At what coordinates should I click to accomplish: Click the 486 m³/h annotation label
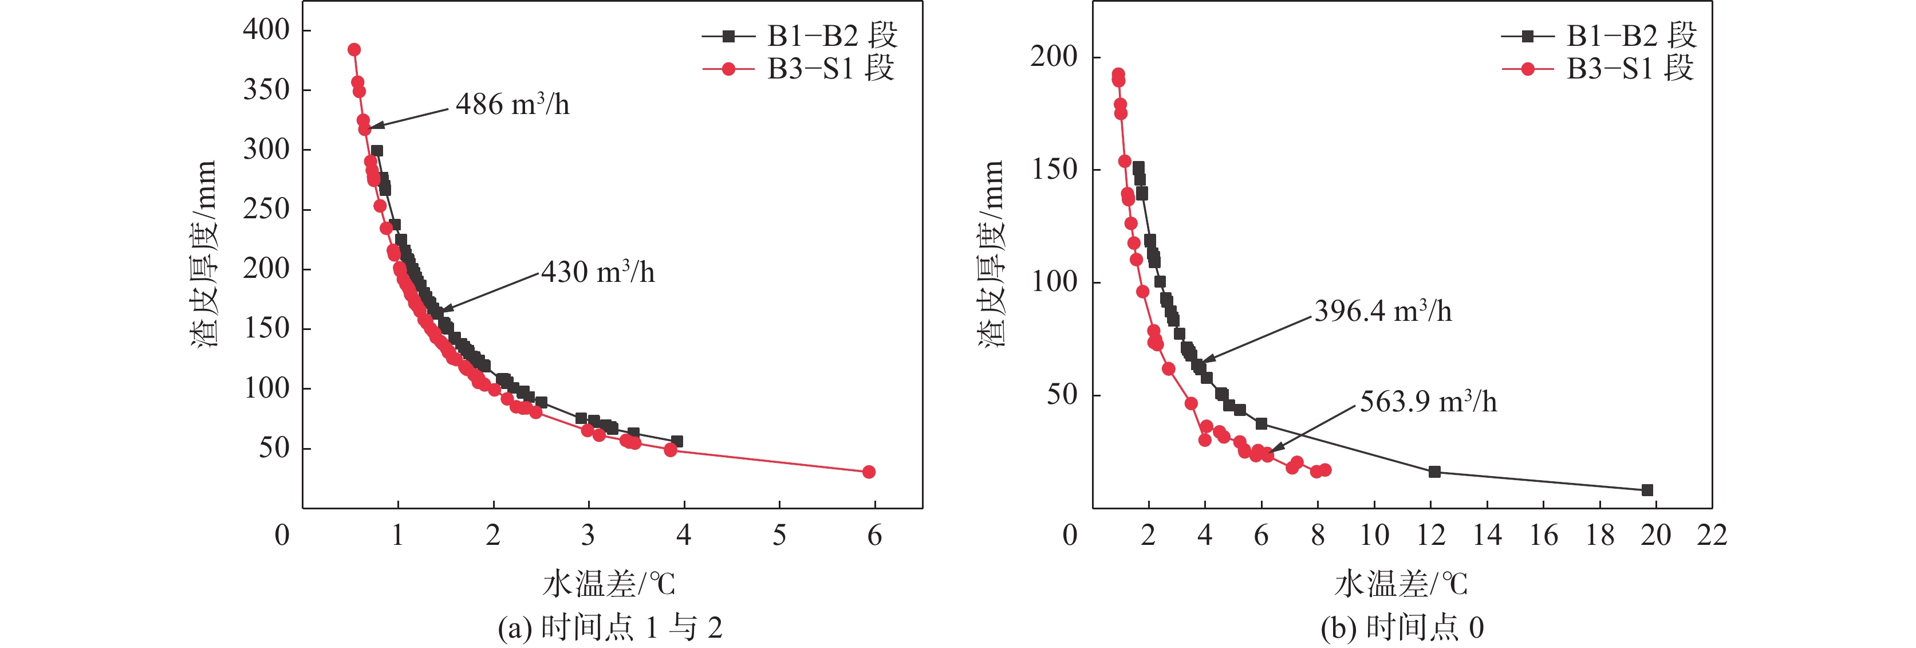(512, 105)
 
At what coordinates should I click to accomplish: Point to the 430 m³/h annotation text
(598, 272)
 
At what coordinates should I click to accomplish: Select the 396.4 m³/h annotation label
(1383, 311)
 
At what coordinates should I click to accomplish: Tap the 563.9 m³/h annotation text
(1428, 402)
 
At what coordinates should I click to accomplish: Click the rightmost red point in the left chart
(868, 472)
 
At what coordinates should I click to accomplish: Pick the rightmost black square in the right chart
(1647, 489)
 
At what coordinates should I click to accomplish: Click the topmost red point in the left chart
(354, 50)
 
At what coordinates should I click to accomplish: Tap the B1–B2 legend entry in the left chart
(799, 35)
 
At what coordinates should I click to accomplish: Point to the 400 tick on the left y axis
(266, 30)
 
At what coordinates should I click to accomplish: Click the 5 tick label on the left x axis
(779, 535)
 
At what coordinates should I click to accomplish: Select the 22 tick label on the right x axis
(1712, 535)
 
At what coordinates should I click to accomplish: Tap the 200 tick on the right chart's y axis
(1053, 57)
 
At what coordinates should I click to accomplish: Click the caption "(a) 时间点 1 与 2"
(610, 628)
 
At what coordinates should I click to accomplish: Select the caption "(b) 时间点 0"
(1402, 628)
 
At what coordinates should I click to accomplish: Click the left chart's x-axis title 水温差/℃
(609, 584)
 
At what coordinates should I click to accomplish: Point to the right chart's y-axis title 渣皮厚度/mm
(991, 253)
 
